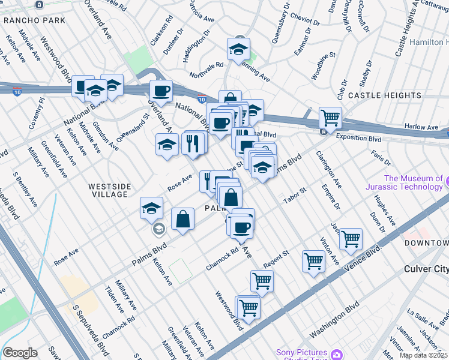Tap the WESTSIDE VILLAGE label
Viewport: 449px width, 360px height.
click(x=109, y=190)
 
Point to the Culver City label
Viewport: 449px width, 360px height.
click(x=426, y=269)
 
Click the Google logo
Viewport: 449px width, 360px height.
click(x=20, y=353)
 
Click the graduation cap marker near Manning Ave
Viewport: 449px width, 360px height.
click(x=238, y=49)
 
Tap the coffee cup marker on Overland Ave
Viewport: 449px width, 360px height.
click(x=161, y=91)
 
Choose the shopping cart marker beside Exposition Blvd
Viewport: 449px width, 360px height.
click(x=330, y=117)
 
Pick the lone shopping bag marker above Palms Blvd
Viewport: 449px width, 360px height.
click(x=182, y=218)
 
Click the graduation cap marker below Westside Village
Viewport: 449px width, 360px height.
click(x=152, y=208)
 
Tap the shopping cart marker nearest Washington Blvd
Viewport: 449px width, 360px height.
click(x=249, y=307)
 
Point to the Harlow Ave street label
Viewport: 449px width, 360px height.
click(x=421, y=127)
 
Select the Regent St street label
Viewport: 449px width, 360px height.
click(x=276, y=259)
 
